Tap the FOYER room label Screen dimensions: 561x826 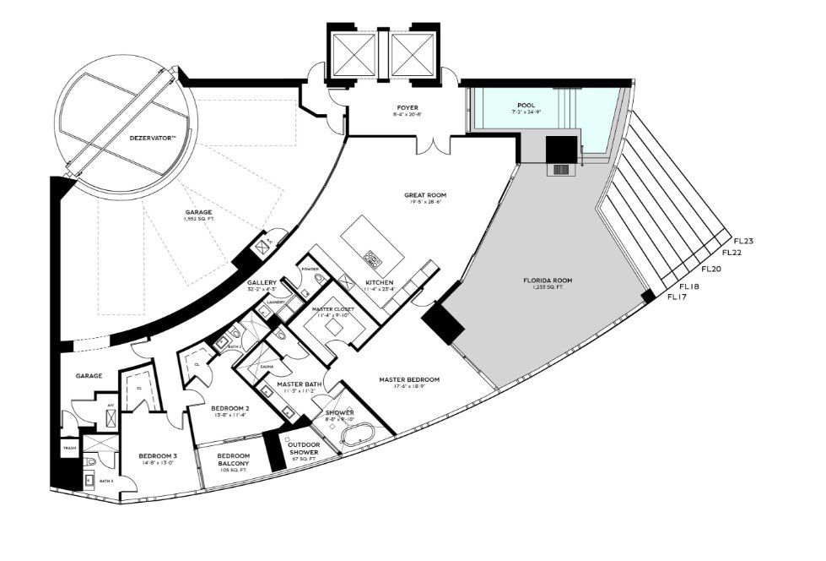click(x=408, y=108)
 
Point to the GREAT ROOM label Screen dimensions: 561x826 click(x=424, y=196)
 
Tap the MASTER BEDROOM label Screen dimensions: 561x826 click(x=411, y=379)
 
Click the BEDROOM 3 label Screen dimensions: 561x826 click(x=159, y=457)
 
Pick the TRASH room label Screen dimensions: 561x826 click(x=68, y=449)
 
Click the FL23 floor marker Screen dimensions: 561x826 click(x=743, y=241)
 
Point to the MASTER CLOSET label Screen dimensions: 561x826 click(x=333, y=310)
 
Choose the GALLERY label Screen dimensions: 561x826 click(x=262, y=282)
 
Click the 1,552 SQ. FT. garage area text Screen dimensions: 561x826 click(x=201, y=220)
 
